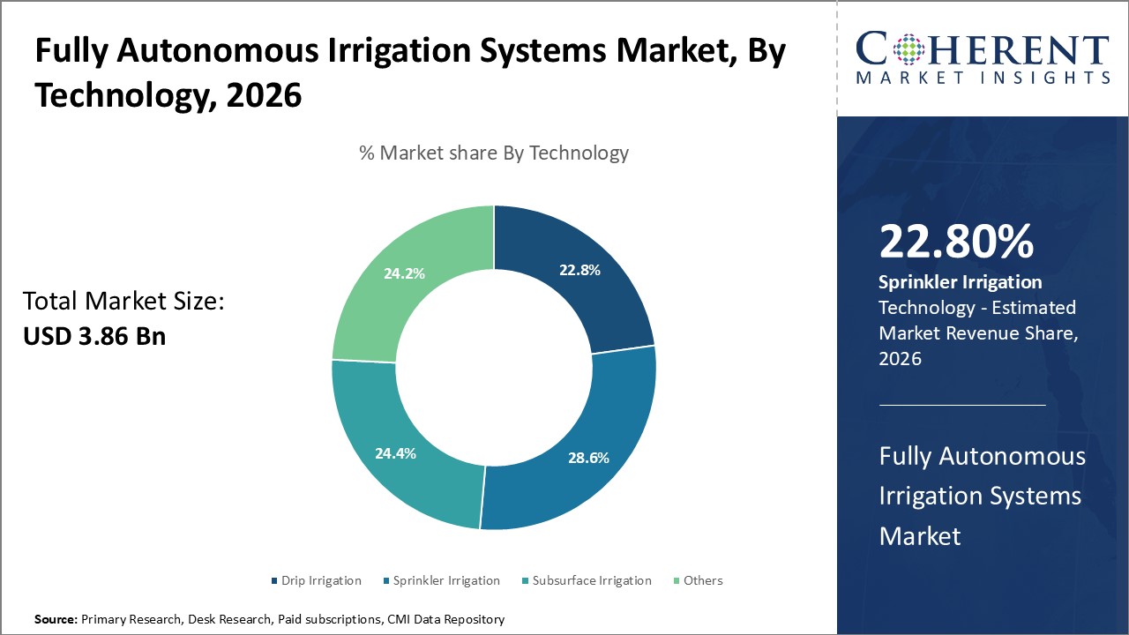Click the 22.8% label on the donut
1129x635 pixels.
[x=579, y=271]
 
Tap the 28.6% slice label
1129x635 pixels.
[x=587, y=458]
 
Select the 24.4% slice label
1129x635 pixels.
[x=395, y=453]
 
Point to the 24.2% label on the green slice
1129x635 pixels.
[x=404, y=273]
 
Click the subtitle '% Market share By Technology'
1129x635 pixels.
[x=493, y=153]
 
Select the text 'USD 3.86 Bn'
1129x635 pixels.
[x=94, y=336]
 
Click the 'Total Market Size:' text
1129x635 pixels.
[x=123, y=302]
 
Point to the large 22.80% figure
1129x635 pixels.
[x=956, y=242]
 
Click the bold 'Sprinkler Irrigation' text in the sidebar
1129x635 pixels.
[x=961, y=282]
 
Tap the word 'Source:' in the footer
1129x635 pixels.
[x=56, y=620]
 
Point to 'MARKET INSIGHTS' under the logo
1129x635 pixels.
[x=982, y=78]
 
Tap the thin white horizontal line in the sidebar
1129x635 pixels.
[x=962, y=405]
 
